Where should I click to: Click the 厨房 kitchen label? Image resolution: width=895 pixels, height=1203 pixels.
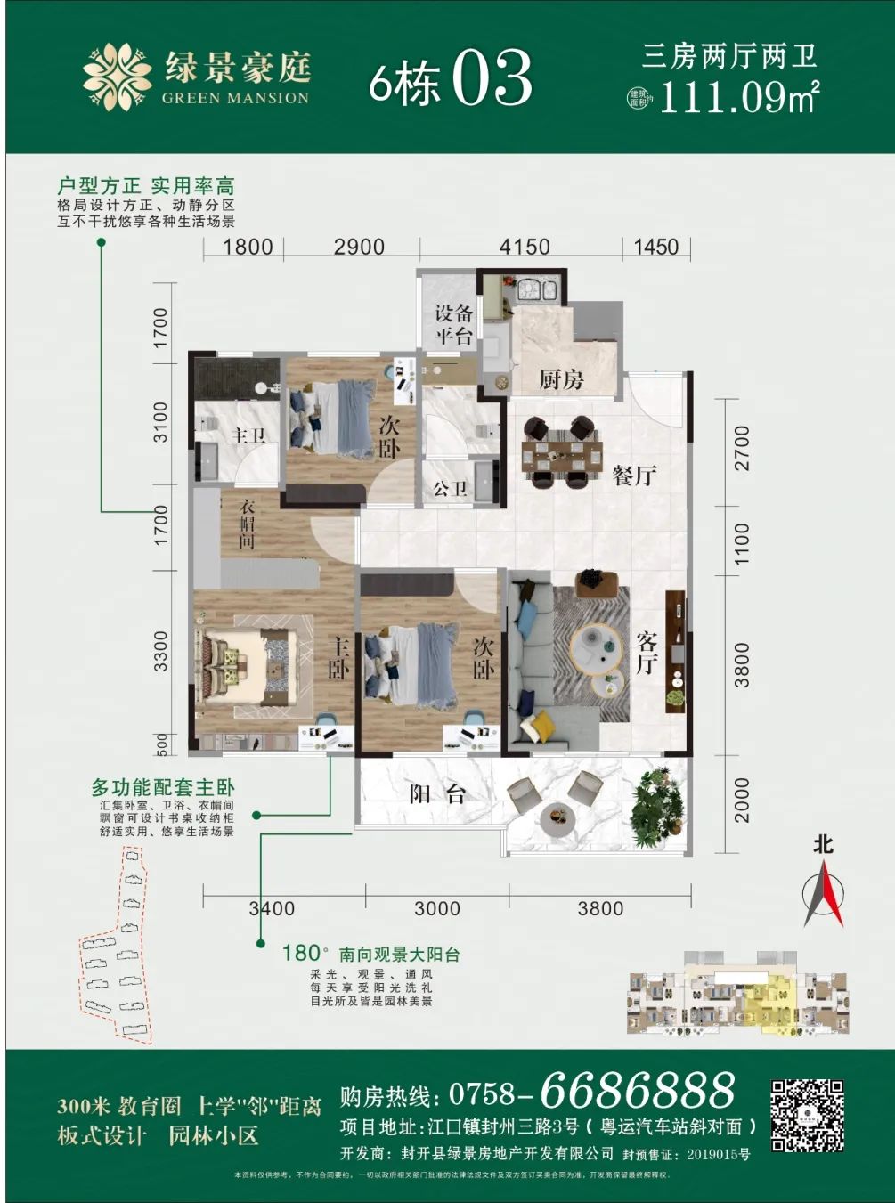pos(561,380)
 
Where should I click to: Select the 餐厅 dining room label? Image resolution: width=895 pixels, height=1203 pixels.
pos(634,475)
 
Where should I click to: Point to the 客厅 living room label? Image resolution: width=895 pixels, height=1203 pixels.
pos(647,652)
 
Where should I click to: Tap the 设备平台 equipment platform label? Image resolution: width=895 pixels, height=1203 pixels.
pos(453,324)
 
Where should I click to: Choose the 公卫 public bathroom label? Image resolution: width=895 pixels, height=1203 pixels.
pos(450,489)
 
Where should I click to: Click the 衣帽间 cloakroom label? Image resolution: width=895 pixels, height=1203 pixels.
pos(248,524)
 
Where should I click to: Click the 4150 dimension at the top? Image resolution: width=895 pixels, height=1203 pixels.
pos(525,247)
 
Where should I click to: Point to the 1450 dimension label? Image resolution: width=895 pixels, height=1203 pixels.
pos(655,247)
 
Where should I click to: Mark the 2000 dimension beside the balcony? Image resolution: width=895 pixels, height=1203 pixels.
pos(741,799)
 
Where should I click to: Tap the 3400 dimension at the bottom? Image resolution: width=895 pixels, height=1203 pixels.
pos(272,908)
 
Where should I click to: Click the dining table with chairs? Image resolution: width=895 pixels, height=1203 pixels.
pos(561,454)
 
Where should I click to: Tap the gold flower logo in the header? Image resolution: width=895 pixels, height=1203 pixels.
pos(117,77)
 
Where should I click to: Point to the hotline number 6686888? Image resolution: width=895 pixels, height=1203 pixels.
pos(638,1089)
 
